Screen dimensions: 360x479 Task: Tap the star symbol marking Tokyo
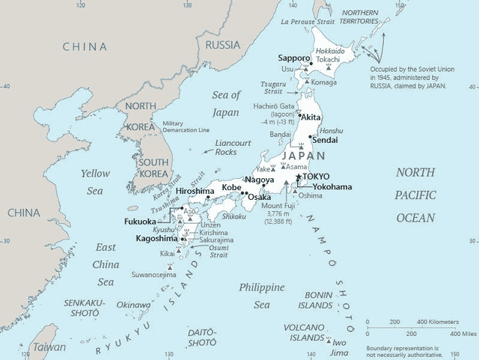pyautogui.click(x=298, y=176)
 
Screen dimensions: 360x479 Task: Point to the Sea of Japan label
pyautogui.click(x=225, y=103)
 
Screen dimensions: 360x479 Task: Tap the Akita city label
pyautogui.click(x=312, y=118)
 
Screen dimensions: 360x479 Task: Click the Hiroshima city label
pyautogui.click(x=195, y=192)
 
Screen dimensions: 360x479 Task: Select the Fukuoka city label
pyautogui.click(x=140, y=222)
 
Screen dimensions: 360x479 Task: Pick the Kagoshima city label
pyautogui.click(x=156, y=238)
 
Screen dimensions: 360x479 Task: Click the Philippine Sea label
pyautogui.click(x=262, y=296)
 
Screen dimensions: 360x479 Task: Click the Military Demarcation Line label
pyautogui.click(x=184, y=126)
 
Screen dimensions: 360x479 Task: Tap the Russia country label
pyautogui.click(x=222, y=44)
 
